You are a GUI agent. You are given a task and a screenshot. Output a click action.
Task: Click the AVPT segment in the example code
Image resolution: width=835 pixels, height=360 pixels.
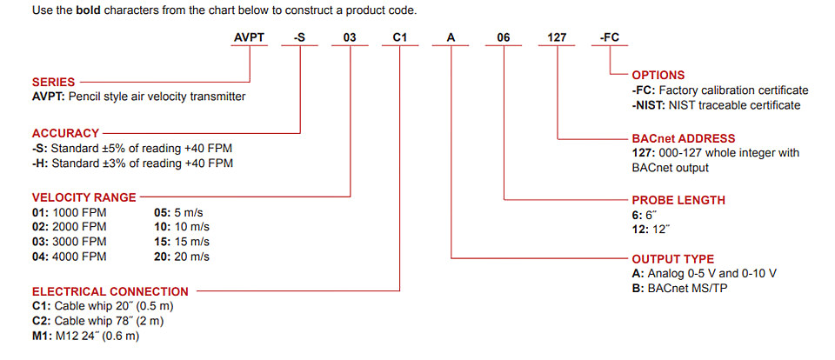[x=250, y=37]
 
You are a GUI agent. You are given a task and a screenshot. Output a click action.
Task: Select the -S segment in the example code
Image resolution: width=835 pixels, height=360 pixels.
[x=299, y=37]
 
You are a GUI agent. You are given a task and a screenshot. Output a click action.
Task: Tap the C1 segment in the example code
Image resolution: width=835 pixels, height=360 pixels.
[x=400, y=37]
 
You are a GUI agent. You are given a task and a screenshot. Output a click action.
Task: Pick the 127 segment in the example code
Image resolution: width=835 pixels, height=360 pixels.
[x=557, y=37]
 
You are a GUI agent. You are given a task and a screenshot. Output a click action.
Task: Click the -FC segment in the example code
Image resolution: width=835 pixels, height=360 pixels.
[x=610, y=37]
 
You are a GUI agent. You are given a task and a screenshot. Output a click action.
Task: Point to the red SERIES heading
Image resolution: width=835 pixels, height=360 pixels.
[x=53, y=83]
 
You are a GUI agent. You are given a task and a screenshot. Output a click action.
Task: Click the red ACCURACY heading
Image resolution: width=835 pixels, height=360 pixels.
[x=65, y=133]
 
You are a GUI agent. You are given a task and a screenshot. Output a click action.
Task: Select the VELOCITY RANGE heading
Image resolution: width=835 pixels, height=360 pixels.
[x=84, y=197]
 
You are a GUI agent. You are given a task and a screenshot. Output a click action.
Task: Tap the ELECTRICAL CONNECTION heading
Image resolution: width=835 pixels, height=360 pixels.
[x=110, y=292]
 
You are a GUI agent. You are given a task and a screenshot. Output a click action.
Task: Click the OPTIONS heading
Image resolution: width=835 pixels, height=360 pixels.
[x=658, y=75]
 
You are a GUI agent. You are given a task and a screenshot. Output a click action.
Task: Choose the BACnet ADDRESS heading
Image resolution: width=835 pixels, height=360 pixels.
[x=684, y=139]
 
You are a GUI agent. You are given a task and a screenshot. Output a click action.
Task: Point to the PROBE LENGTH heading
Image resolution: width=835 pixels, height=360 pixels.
[x=678, y=201]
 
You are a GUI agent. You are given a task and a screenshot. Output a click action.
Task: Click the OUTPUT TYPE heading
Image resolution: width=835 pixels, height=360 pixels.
[x=672, y=259]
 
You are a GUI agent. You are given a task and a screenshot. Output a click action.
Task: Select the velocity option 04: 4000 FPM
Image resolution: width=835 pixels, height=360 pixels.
[x=70, y=257]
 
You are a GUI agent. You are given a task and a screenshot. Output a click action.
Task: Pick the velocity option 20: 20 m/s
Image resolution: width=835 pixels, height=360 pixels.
[x=182, y=257]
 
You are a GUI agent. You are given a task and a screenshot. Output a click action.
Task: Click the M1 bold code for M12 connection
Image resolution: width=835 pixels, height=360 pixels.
[x=41, y=337]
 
